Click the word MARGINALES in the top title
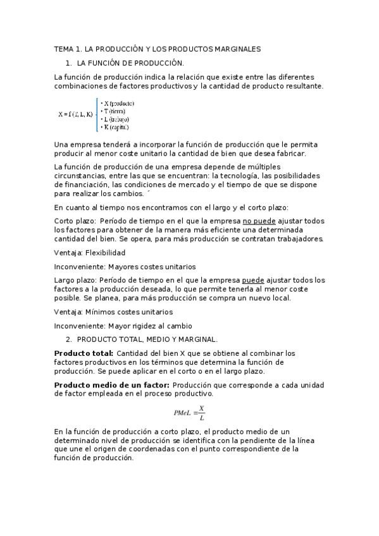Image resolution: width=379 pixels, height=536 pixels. coord(235,49)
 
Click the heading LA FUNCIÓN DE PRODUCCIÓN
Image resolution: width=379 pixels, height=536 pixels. coord(130,63)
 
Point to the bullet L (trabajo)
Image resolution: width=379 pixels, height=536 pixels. coord(116,119)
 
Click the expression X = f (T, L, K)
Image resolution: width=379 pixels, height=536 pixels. coord(75,115)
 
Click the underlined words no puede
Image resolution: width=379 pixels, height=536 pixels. coord(259,221)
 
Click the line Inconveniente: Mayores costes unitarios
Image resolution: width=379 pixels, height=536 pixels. coord(125,267)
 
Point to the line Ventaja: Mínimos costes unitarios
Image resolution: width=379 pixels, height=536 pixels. coord(113,312)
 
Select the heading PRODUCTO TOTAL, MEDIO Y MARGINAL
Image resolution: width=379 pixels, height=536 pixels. coord(147,339)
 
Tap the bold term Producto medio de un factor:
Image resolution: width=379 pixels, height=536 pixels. coord(111,384)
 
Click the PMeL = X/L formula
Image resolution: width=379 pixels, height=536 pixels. coord(189,412)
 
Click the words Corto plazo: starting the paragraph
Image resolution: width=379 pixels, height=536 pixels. coord(75,221)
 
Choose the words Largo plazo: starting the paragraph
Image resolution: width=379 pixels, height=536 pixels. coord(75,280)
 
